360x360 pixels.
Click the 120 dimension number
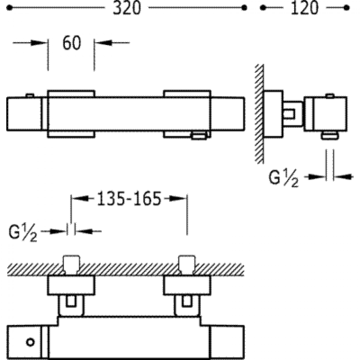[305, 8]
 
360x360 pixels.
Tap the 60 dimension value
[72, 43]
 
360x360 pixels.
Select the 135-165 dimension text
[129, 198]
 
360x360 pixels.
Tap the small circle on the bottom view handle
[31, 342]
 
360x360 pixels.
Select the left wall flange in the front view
[71, 114]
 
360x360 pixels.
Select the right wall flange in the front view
[187, 114]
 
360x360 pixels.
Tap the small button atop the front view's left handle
[30, 95]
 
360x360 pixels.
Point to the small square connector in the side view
[289, 114]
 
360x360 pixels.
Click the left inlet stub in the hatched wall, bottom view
[71, 263]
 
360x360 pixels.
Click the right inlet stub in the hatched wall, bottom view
[186, 263]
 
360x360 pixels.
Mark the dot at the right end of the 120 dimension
[348, 8]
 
